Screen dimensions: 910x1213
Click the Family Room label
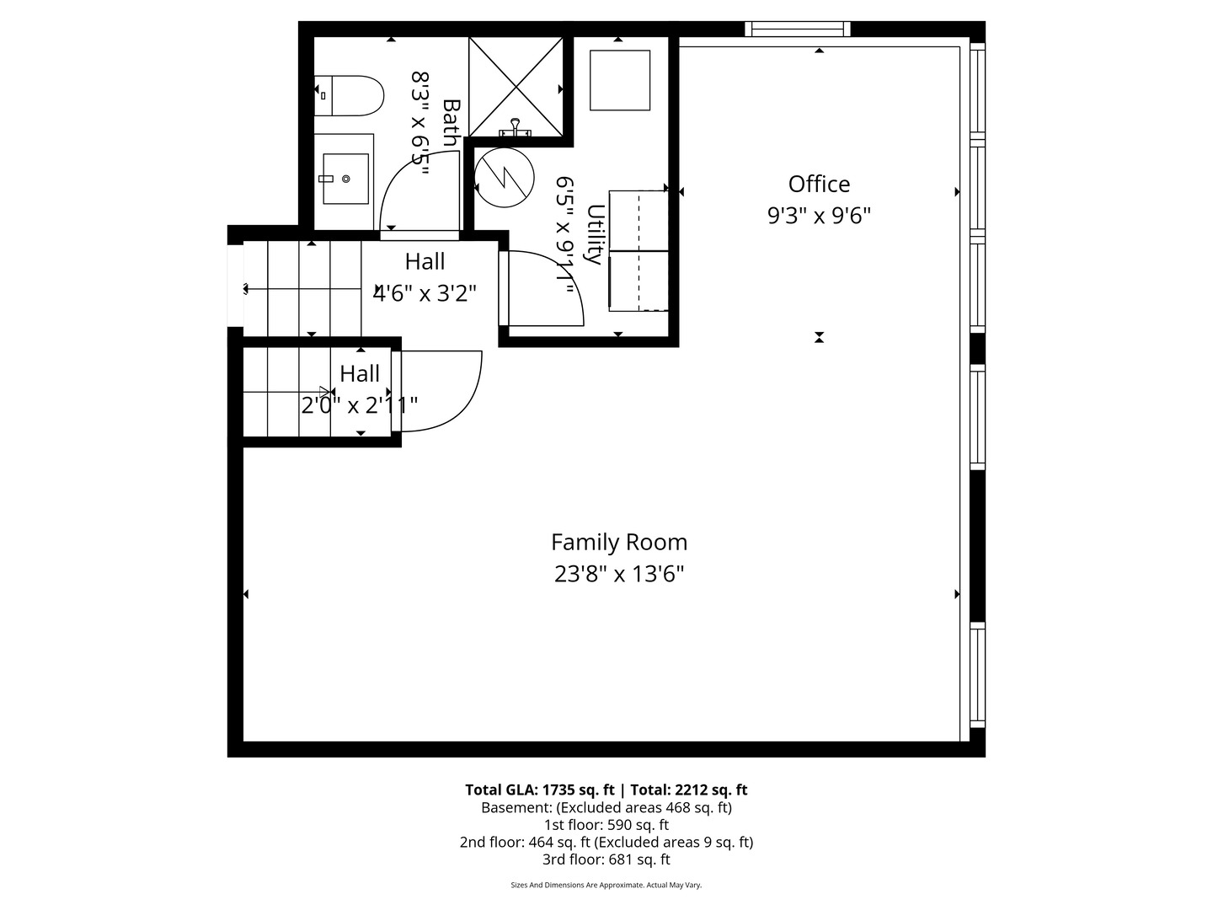619,542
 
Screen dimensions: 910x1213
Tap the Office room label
819,184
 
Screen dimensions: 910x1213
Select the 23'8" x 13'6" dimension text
619,575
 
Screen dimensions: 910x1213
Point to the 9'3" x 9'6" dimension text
819,216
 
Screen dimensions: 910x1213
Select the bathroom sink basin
345,179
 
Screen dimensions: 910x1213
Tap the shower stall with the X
516,86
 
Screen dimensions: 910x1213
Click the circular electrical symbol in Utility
504,178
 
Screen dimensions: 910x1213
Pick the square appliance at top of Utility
620,80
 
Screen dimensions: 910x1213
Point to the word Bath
452,123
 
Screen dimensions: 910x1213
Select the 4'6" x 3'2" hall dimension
425,293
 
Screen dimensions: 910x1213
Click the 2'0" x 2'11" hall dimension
360,406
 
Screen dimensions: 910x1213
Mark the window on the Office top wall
797,29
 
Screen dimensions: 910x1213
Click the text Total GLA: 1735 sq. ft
539,790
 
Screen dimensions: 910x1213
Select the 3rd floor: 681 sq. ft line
606,859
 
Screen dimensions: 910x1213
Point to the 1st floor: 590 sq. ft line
606,825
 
